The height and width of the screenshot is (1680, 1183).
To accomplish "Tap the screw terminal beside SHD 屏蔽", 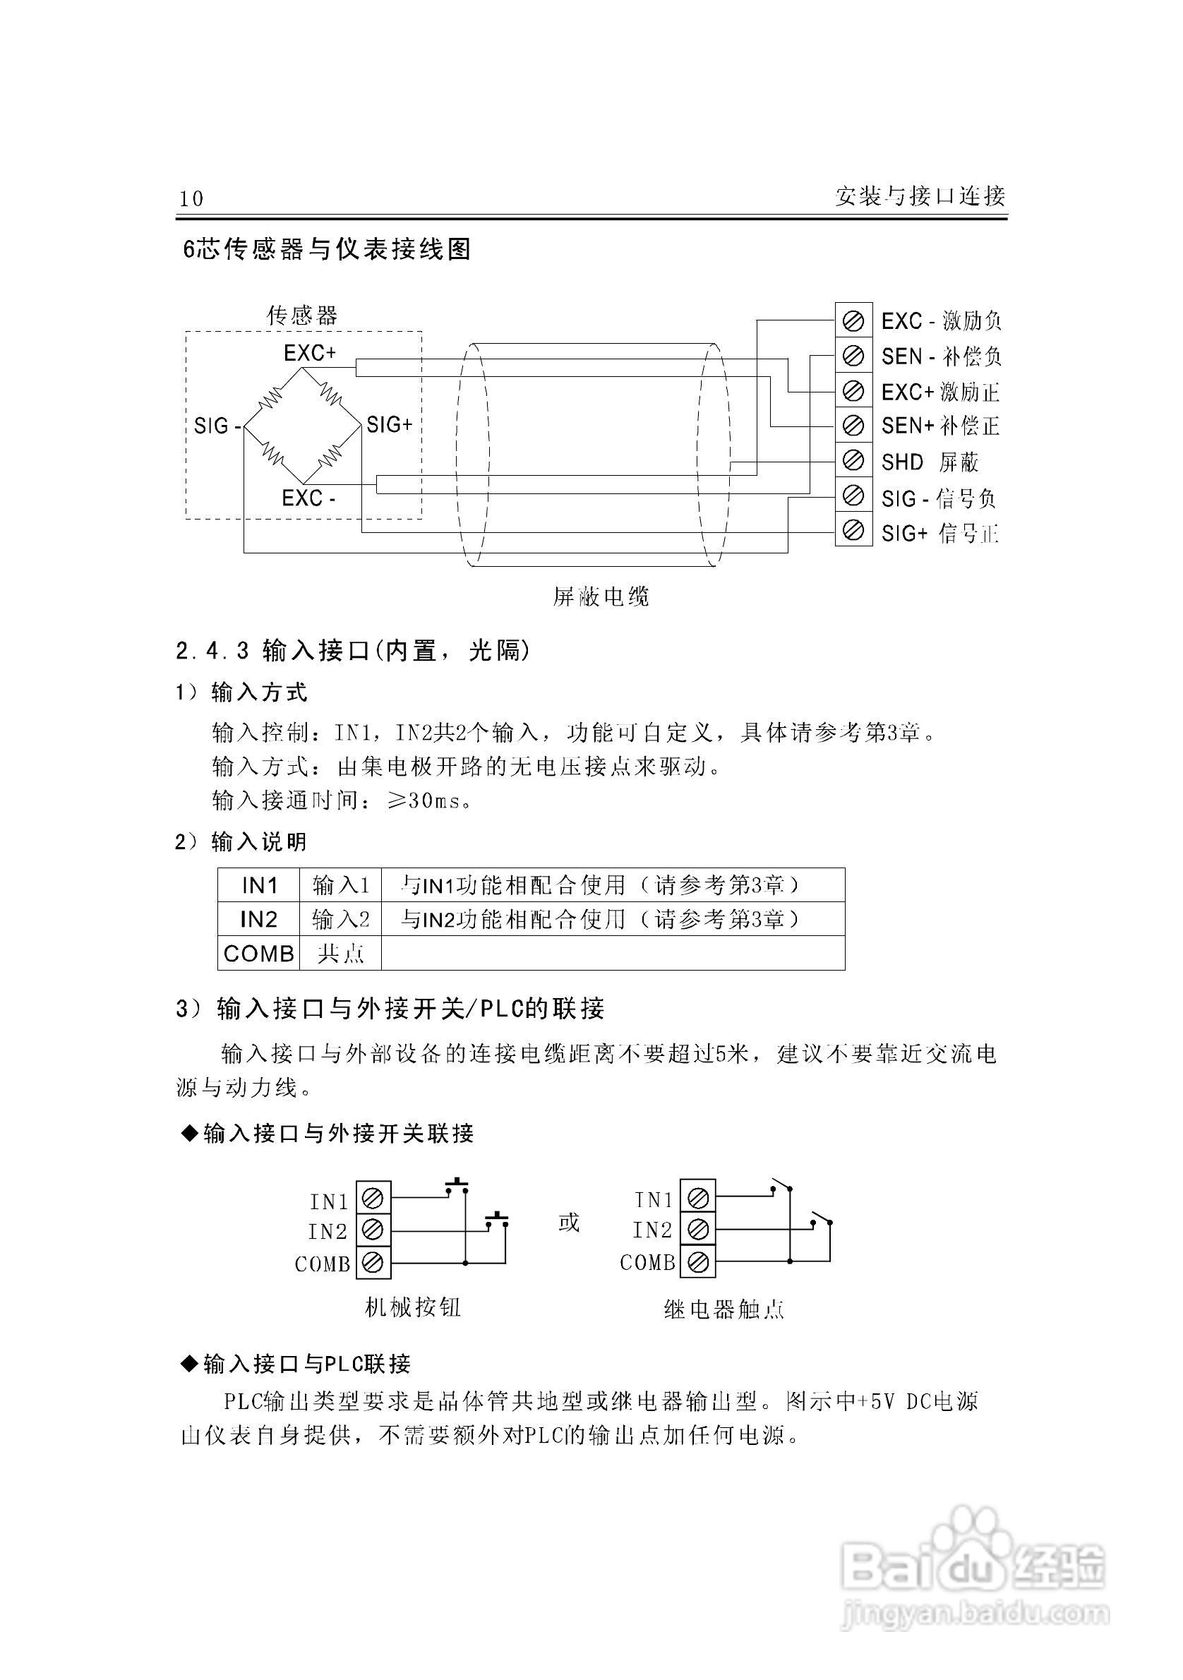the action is (x=853, y=461).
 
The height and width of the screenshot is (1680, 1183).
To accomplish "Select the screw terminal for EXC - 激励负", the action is (x=853, y=320).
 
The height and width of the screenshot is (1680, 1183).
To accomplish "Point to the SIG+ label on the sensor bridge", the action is (x=389, y=424).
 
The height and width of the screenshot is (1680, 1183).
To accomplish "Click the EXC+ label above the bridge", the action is (x=309, y=354).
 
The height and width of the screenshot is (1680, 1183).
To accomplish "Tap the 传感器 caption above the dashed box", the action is (x=301, y=316).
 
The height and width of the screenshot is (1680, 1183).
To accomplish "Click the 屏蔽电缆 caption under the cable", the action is (x=600, y=597).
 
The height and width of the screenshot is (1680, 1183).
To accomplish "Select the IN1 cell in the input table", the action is (x=259, y=885).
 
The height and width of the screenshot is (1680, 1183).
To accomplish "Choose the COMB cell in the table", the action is (x=259, y=954).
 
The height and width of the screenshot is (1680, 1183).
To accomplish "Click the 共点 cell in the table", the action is (x=340, y=954).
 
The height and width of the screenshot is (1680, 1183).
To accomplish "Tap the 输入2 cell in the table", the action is (x=340, y=919).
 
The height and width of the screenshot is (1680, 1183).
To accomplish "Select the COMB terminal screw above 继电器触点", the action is (x=698, y=1261).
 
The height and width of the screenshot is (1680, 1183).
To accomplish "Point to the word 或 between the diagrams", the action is (x=568, y=1222).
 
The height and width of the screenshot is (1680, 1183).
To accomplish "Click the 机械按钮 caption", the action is (x=413, y=1307).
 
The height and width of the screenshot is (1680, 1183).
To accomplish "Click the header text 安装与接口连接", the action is (x=920, y=196).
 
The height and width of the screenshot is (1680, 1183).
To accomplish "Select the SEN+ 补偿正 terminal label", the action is (x=940, y=426).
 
